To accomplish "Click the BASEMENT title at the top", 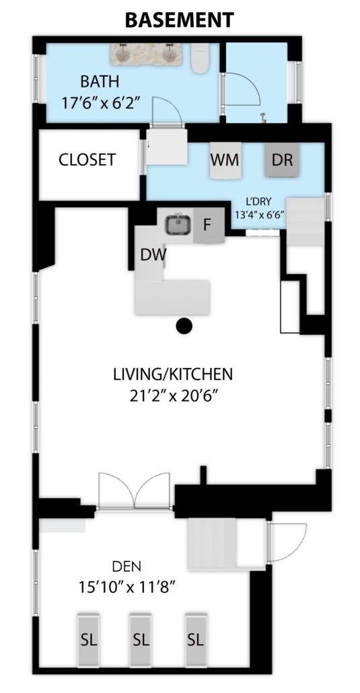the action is click(179, 20).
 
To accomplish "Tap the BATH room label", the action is click(100, 82).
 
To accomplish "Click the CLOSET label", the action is click(87, 159).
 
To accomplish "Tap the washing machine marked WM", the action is click(225, 160).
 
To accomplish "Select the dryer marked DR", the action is click(282, 160).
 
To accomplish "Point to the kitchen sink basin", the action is click(179, 225).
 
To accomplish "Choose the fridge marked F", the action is click(209, 225).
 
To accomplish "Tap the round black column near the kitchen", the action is click(184, 326).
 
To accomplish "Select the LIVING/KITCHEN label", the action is click(173, 374).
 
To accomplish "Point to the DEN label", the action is click(127, 566).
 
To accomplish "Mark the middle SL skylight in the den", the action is click(141, 640).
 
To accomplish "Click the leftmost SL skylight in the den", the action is click(88, 640).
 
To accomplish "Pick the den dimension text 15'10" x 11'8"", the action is click(127, 587).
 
